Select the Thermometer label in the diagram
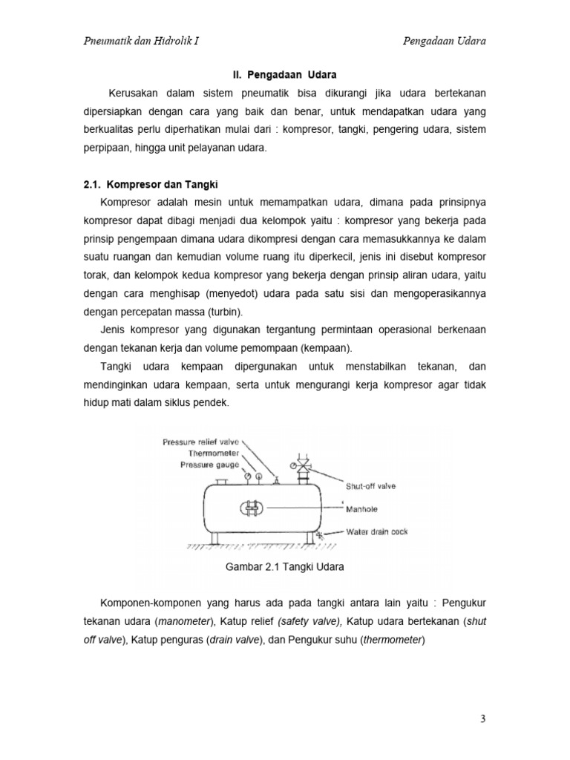[x=214, y=453]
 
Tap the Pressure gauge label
[x=209, y=465]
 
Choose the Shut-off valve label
[x=371, y=486]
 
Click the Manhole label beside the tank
[x=362, y=509]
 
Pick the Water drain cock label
[x=377, y=531]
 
